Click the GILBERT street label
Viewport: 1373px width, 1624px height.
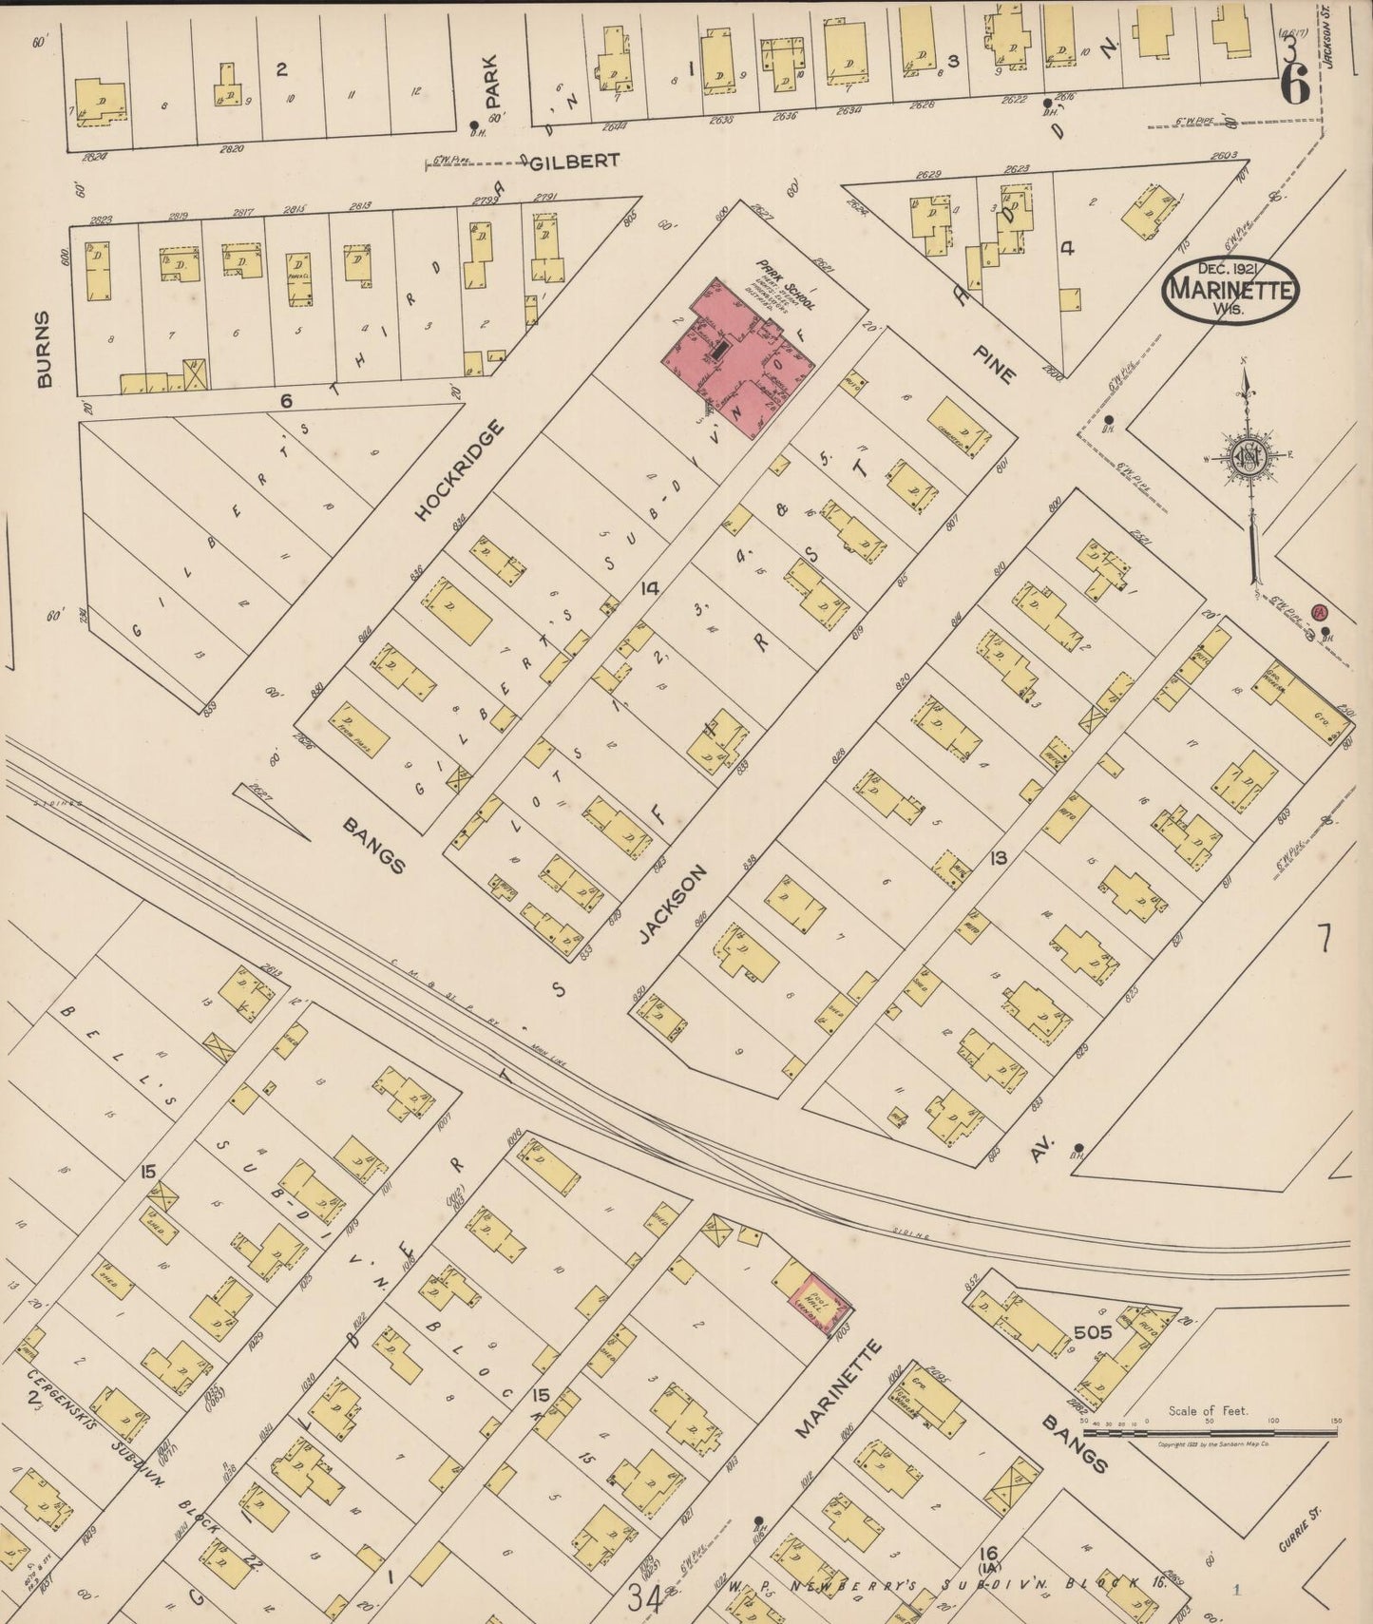[574, 162]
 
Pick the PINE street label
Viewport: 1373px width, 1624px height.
[994, 363]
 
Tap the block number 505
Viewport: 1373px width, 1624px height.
[1093, 1332]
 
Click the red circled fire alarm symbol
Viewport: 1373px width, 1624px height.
[1319, 613]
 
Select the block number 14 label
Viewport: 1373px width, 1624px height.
[649, 588]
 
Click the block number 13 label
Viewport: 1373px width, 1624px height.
[998, 858]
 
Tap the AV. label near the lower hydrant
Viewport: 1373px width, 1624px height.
[1038, 1153]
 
